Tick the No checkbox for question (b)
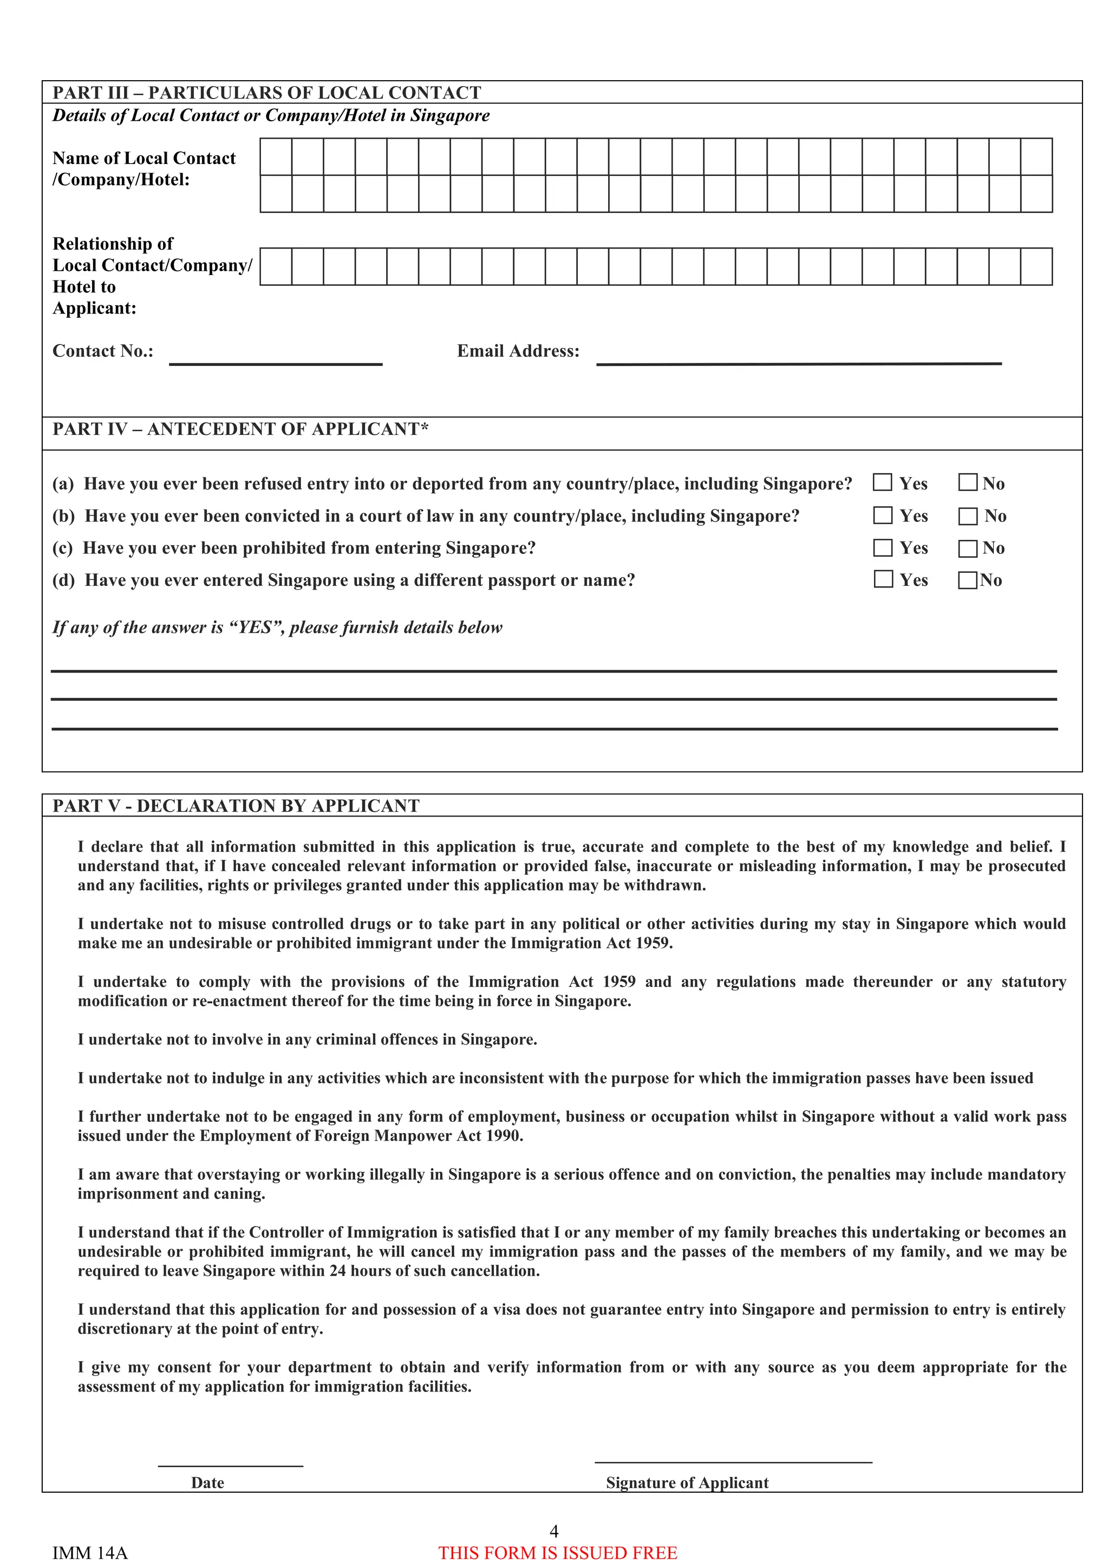point(968,515)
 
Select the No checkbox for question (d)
point(967,580)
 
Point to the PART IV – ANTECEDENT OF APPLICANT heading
point(240,429)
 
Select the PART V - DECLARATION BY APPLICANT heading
point(236,805)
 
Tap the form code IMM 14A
point(89,1552)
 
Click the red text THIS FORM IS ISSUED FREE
point(557,1552)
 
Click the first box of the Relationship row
point(276,266)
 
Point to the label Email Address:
point(518,351)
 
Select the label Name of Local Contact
point(143,159)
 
